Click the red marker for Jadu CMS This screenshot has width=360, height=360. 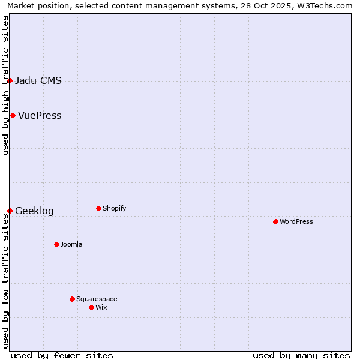[10, 80]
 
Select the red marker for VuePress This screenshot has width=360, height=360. [13, 115]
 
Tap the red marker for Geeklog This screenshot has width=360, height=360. [10, 211]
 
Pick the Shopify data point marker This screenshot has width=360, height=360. [98, 208]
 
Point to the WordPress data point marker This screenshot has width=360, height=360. [275, 221]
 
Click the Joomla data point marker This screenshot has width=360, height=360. [56, 244]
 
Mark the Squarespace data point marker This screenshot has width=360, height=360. [72, 299]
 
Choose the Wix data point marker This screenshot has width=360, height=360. [91, 307]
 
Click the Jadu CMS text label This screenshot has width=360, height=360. [38, 81]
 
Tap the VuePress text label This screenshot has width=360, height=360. [40, 116]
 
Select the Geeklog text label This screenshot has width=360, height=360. [34, 211]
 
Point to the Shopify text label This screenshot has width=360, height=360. [114, 209]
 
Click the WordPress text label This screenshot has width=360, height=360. [296, 222]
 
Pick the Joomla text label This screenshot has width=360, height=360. [71, 245]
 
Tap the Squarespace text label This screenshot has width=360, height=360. [97, 299]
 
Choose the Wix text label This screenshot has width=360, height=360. [101, 308]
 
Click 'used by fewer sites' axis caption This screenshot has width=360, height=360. [62, 355]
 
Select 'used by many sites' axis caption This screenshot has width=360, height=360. [301, 355]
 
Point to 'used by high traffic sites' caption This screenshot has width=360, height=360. [6, 85]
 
